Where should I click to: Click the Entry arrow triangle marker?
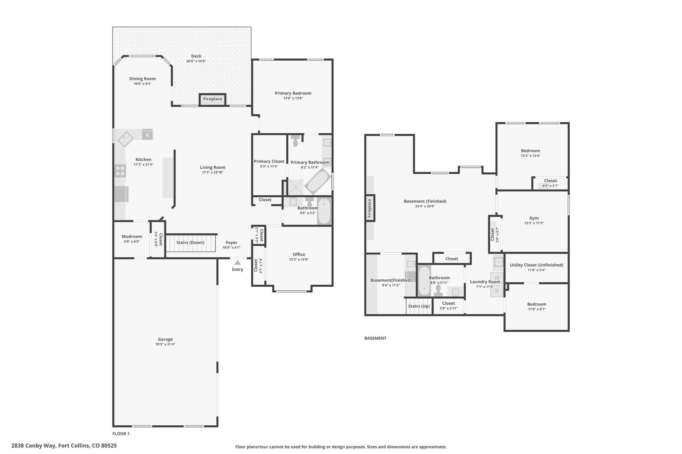[x=237, y=262]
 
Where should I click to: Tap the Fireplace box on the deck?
[x=212, y=99]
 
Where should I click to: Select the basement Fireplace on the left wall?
[x=370, y=208]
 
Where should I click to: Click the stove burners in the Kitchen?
[x=120, y=171]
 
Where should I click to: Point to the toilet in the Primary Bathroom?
[x=295, y=141]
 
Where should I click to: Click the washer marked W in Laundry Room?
[x=497, y=278]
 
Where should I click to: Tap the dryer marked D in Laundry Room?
[x=497, y=291]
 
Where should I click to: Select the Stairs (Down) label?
[x=190, y=242]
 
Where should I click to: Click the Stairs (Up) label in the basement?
[x=419, y=306]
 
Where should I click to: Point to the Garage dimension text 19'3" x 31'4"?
[x=165, y=344]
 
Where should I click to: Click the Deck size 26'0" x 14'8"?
[x=196, y=61]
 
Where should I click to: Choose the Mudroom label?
[x=132, y=236]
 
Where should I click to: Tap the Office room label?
[x=299, y=254]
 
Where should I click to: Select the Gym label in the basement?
[x=534, y=218]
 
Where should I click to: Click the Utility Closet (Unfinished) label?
[x=536, y=265]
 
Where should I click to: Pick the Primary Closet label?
[x=269, y=161]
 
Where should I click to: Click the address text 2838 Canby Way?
[x=34, y=446]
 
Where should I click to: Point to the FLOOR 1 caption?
[x=121, y=434]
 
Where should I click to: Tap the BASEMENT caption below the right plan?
[x=375, y=338]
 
